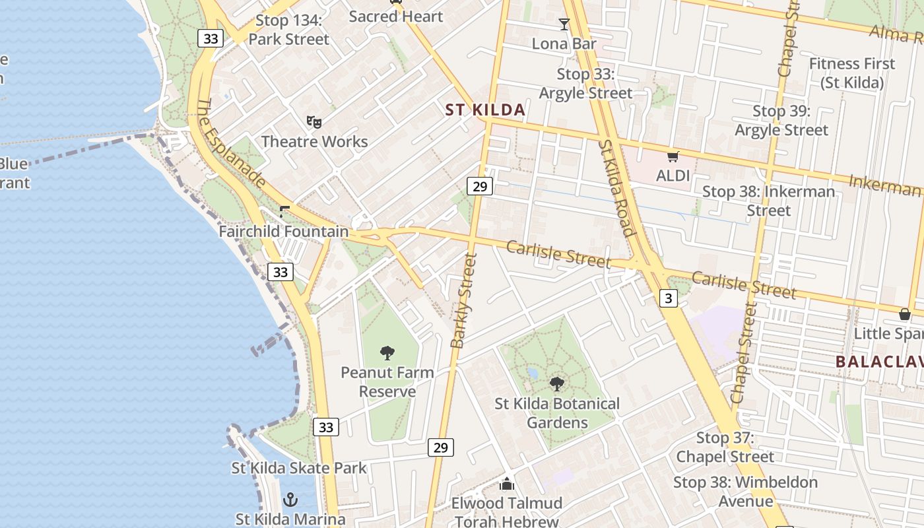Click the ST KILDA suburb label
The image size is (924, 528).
tap(485, 110)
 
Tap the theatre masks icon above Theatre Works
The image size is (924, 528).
tap(314, 121)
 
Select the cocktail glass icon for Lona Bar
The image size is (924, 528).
tap(564, 24)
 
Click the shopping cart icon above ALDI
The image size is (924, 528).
tap(673, 156)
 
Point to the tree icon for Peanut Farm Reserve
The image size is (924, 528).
tap(387, 352)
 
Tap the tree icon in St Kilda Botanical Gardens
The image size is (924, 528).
tap(557, 383)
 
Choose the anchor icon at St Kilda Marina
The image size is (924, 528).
tap(290, 500)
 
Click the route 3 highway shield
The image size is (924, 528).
tap(669, 298)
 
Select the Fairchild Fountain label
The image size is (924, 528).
tap(284, 232)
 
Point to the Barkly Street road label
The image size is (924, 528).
tap(463, 300)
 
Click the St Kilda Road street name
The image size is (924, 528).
tap(618, 187)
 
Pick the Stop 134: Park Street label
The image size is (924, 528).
tap(288, 30)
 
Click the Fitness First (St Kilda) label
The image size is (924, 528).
tap(852, 73)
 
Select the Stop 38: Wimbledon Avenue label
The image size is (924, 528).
tap(745, 492)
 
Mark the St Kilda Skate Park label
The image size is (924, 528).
tap(298, 468)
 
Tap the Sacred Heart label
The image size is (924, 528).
tap(395, 16)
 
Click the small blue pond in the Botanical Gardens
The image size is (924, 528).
tap(533, 374)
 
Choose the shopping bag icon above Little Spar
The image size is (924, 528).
tap(904, 314)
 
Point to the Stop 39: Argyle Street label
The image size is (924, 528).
tap(781, 120)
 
